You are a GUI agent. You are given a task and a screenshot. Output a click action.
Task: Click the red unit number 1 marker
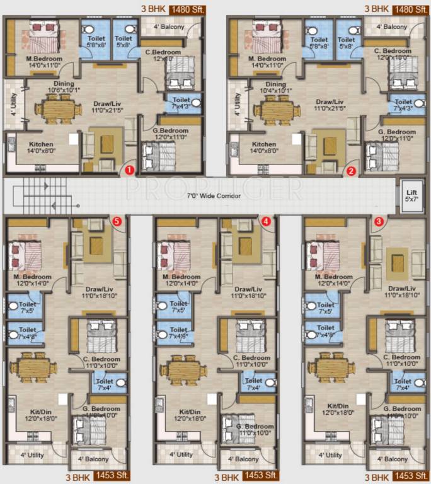tap(128, 170)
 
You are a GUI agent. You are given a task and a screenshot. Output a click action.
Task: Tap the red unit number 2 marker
tap(352, 170)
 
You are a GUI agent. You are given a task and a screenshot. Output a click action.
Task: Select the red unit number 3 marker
tap(378, 221)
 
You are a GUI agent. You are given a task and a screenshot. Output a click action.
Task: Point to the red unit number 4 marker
tap(266, 221)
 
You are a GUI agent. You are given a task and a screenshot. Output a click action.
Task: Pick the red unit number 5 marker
tap(116, 221)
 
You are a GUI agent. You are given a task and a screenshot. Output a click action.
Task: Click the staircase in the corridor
tap(48, 195)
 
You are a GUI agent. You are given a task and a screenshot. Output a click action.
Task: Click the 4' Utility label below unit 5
tap(32, 454)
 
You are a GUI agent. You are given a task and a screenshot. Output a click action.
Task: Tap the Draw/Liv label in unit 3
tap(397, 291)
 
